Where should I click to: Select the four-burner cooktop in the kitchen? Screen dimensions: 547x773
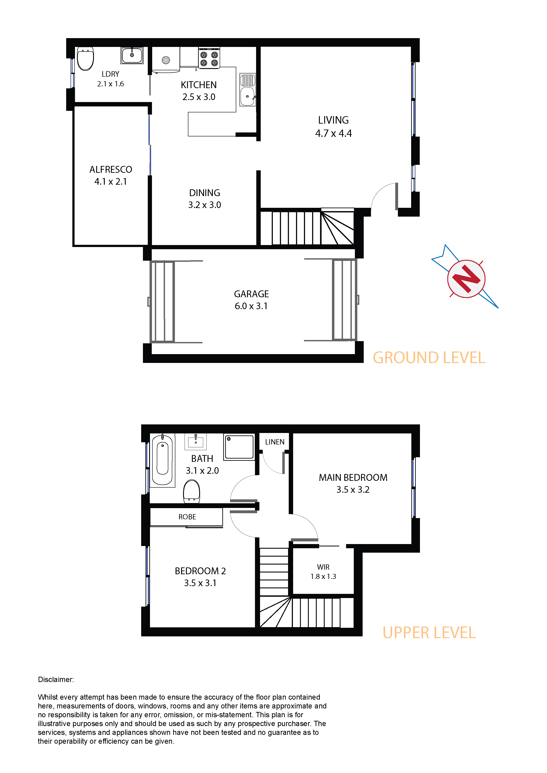coord(209,58)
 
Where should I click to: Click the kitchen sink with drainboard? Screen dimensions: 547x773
coord(248,89)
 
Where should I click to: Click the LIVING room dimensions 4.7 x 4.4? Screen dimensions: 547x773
coord(333,133)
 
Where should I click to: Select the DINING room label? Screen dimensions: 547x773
coord(205,193)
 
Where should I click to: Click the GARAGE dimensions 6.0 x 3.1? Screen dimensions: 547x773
coord(251,306)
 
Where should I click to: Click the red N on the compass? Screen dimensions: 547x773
coord(466,279)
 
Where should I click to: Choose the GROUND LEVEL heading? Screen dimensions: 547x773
coord(429,358)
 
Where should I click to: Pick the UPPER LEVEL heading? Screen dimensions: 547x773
coord(429,633)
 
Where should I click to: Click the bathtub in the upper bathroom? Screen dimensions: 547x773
coord(163,460)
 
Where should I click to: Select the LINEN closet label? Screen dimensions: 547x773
coord(275,442)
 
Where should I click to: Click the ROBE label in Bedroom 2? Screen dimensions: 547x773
coord(187,517)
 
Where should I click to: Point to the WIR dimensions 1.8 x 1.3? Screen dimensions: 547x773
coord(323,576)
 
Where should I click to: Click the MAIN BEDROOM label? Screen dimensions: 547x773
coord(353,478)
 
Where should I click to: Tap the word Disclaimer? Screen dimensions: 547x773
coord(56,679)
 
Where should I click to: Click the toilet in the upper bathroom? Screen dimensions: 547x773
coord(191,491)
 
